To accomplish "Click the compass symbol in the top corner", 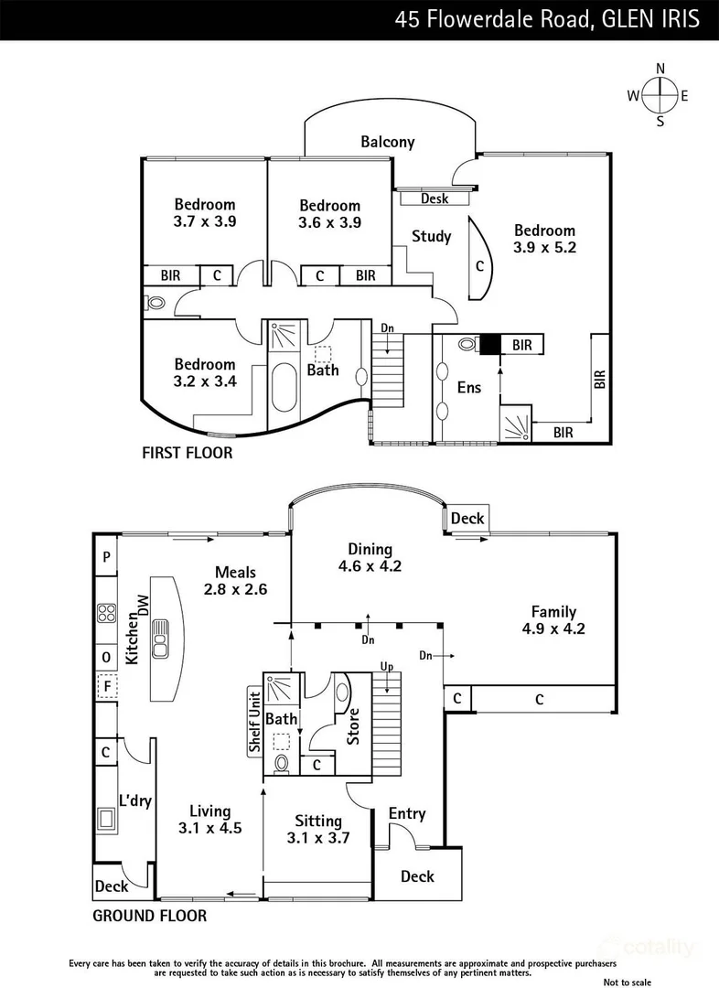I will coord(659,95).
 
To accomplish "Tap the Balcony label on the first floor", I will coord(387,142).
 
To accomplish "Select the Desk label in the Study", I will coord(435,199).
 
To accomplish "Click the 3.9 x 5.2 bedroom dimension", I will coord(544,247).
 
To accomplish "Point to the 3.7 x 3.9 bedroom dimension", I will coord(205,221).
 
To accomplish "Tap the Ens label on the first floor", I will coord(468,388).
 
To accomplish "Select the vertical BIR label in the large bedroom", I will coord(600,379).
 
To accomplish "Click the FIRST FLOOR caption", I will coord(187,453).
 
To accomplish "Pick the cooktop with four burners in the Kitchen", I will coord(107,614).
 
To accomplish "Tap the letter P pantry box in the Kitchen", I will coord(107,556).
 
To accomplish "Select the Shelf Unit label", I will coord(254,723).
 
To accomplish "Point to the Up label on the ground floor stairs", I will coord(387,666).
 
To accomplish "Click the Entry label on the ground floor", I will coord(407,813).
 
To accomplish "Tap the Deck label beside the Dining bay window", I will coord(467,519).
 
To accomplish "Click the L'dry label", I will coord(135,801).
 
